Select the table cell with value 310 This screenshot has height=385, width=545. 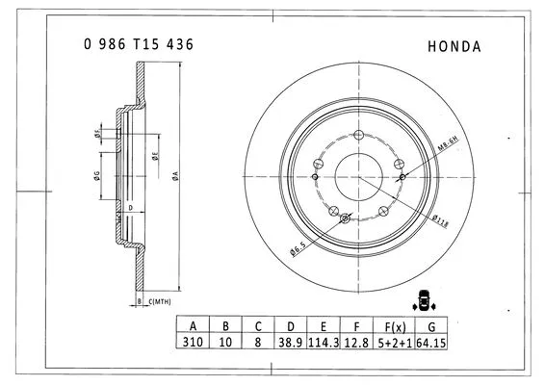[194, 342]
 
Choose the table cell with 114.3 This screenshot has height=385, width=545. [324, 342]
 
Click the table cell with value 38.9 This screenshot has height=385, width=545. [291, 342]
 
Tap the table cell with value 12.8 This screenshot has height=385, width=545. [356, 342]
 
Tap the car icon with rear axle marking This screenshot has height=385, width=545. [421, 299]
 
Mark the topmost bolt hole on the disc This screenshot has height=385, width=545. [358, 137]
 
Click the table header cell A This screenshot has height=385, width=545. [194, 325]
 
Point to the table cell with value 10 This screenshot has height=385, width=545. [225, 342]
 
